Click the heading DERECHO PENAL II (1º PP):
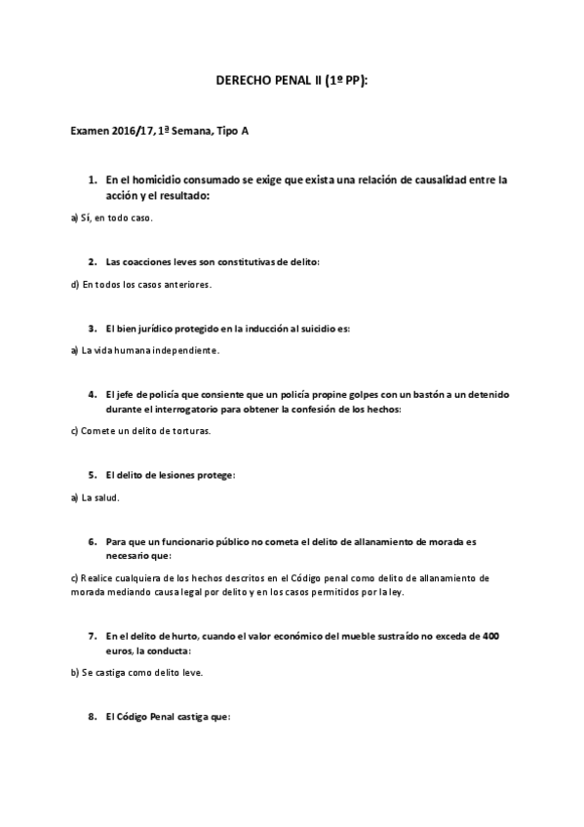tap(292, 85)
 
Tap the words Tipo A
tap(231, 130)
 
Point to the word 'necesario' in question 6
tap(130, 555)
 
